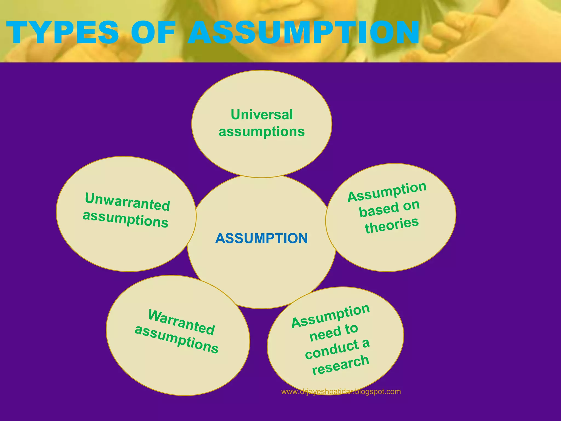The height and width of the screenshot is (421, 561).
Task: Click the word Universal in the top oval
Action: click(x=262, y=115)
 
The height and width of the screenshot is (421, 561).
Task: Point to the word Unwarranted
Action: click(x=128, y=202)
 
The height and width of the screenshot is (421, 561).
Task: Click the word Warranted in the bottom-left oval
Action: click(x=181, y=322)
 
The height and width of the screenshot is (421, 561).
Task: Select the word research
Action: click(x=341, y=365)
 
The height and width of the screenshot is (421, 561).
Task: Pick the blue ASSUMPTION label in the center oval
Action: click(x=262, y=238)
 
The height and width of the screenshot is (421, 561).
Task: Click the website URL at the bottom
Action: click(x=341, y=392)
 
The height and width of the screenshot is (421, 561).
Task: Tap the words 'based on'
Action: click(x=389, y=208)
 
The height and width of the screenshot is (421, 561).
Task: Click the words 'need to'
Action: click(x=334, y=332)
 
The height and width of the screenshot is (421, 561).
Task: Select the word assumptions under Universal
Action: click(x=262, y=132)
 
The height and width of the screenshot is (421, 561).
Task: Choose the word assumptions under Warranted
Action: click(x=177, y=339)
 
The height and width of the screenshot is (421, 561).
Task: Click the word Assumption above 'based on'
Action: click(x=387, y=192)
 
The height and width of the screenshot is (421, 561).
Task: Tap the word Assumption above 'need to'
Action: click(x=330, y=316)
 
